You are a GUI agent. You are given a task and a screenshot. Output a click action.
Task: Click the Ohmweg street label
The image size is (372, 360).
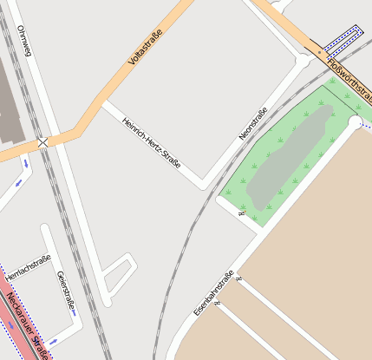[23, 42]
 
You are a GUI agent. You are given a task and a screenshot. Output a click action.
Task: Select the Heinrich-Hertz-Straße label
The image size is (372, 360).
[152, 142]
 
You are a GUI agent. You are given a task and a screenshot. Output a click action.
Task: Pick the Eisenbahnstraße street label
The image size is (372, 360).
[214, 293]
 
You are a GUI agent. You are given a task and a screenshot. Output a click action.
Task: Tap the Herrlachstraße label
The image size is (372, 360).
[29, 267]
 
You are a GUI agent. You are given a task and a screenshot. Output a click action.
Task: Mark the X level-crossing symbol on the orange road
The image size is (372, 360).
[42, 141]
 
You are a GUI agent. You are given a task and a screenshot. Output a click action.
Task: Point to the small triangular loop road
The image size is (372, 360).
[118, 274]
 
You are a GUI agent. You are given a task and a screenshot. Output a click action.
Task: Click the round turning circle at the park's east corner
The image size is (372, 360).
[355, 123]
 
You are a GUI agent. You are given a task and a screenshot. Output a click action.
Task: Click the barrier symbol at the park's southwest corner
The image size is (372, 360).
[240, 212]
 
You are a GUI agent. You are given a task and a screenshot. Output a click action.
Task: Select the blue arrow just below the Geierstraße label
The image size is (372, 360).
[54, 339]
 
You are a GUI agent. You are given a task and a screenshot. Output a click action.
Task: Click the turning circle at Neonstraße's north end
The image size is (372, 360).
[303, 62]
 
